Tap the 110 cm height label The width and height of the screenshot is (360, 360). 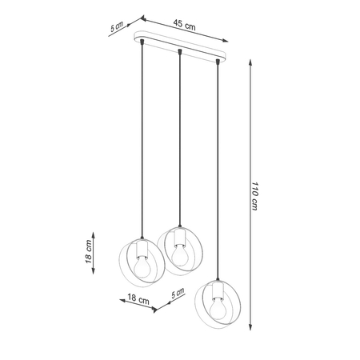click(255, 195)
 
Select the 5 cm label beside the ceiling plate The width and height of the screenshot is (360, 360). click(118, 28)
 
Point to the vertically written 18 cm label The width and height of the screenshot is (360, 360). click(90, 254)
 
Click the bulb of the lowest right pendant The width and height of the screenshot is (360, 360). click(218, 307)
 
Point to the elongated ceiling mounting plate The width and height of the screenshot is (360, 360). click(182, 52)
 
